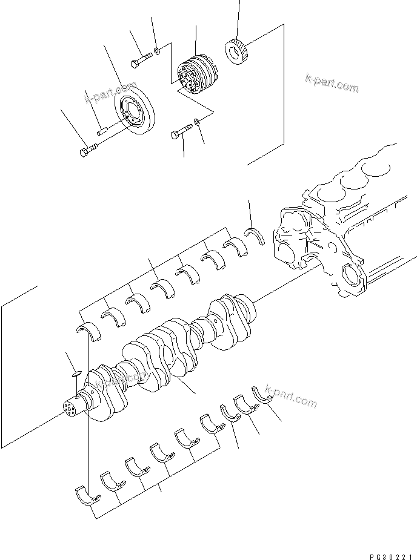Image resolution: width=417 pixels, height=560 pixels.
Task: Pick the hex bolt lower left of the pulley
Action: [x=87, y=150]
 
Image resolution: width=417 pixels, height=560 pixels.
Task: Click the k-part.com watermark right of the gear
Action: [x=332, y=85]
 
